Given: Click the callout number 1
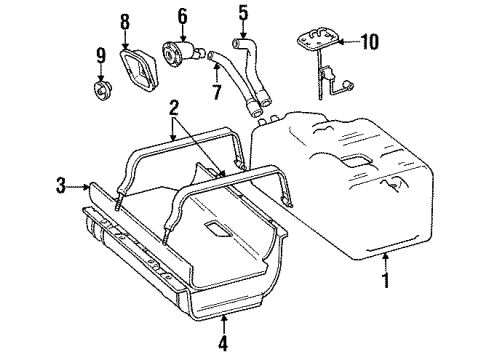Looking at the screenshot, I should (x=385, y=281).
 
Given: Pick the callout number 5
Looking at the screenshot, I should (x=242, y=15).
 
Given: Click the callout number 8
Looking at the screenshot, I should (x=125, y=21).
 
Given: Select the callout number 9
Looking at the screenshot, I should (x=100, y=55).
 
